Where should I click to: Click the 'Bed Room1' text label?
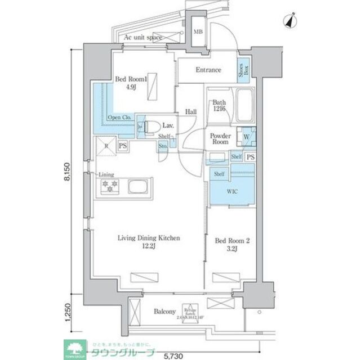pos(131,79)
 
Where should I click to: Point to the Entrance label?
pos(208,70)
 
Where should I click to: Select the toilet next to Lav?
pos(150,127)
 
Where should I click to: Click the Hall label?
pos(191,112)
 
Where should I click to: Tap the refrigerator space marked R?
pos(105,147)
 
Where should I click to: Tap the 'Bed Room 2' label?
pos(232,242)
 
